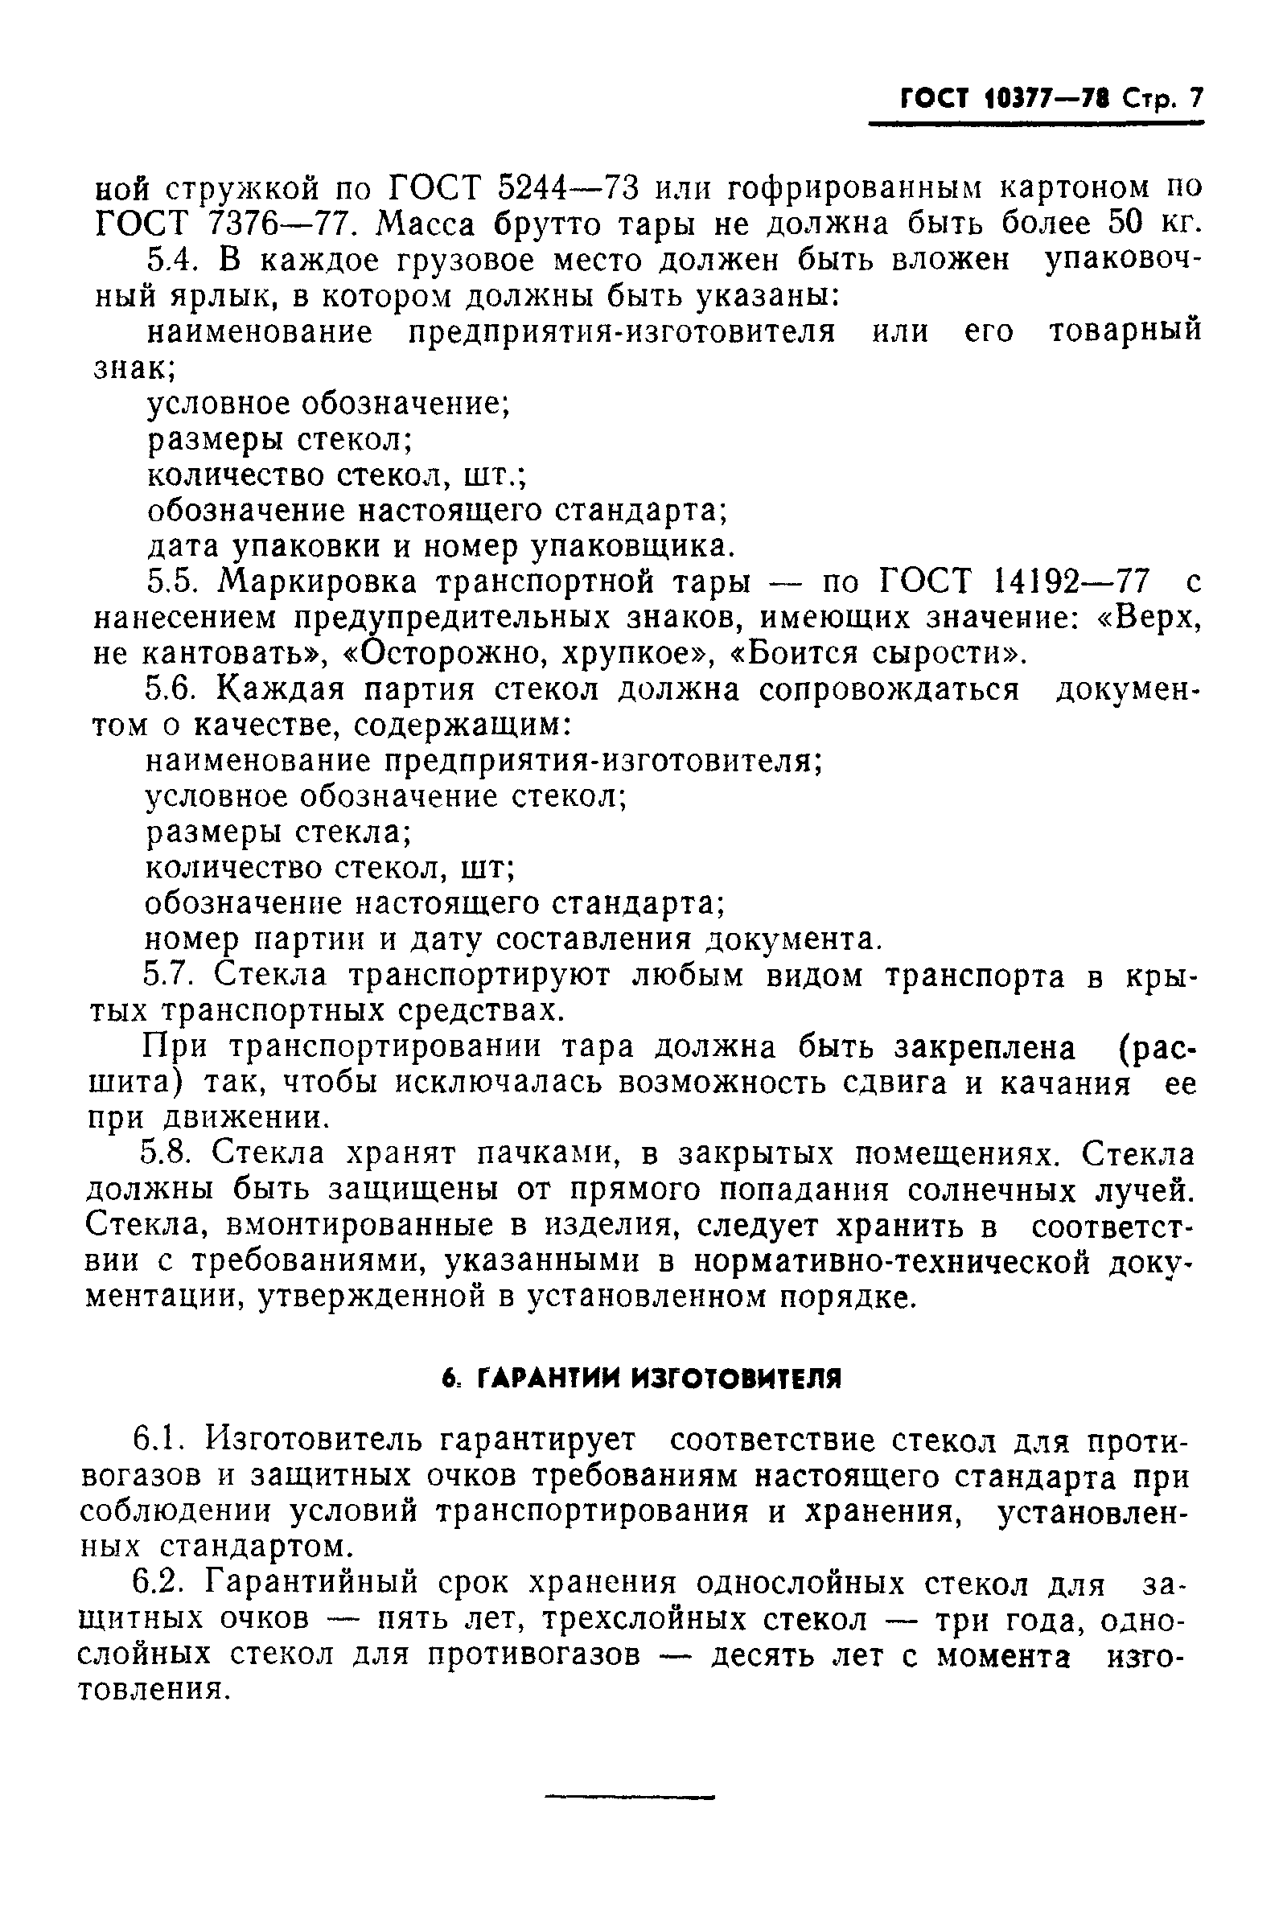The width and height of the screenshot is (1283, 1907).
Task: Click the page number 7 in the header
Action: click(x=1196, y=99)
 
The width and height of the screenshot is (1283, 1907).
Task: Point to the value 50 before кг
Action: click(x=1129, y=223)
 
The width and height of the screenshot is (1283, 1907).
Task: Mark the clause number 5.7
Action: click(x=170, y=976)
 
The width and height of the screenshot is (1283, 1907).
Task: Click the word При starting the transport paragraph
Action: click(x=176, y=1047)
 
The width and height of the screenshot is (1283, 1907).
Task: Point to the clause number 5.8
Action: click(x=168, y=1154)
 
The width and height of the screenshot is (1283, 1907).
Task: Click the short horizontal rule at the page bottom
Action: click(x=629, y=1798)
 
